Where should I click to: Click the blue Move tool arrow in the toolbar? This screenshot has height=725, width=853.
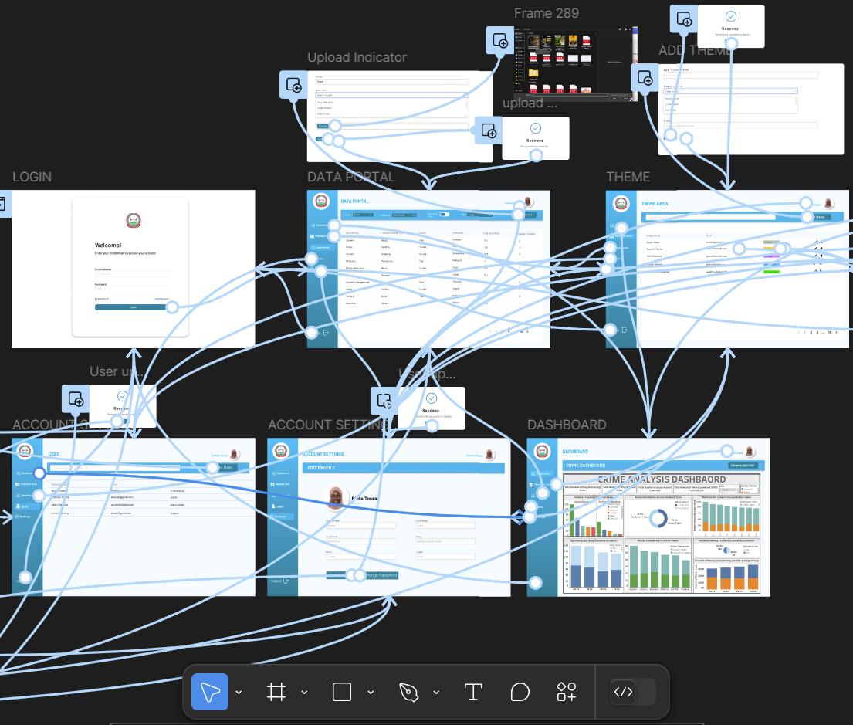point(210,692)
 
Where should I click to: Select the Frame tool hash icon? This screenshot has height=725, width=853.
point(276,692)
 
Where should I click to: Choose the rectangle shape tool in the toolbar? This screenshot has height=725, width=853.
point(342,692)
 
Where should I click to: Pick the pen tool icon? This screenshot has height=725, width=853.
point(408,692)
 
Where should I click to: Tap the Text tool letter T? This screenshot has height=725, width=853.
point(472,692)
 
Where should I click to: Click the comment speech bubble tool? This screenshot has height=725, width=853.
point(520,692)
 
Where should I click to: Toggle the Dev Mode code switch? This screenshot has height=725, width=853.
point(632,692)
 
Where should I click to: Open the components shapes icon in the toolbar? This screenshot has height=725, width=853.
point(567,692)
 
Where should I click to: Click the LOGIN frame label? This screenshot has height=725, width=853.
point(32,177)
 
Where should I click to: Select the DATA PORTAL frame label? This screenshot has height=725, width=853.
point(350,177)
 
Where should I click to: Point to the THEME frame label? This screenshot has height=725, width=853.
point(628,177)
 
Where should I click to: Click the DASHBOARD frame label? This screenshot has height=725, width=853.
point(567,425)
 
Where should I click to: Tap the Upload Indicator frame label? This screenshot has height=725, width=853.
point(357,57)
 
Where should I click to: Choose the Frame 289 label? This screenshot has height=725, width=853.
point(546,13)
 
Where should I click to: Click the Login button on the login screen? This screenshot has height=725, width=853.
point(133,307)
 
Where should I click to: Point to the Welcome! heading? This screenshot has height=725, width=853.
point(108,246)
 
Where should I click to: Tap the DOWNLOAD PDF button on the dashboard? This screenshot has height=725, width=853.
point(745,466)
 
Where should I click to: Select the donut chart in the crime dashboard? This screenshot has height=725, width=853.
point(659,519)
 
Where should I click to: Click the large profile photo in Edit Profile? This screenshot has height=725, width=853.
point(335,498)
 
